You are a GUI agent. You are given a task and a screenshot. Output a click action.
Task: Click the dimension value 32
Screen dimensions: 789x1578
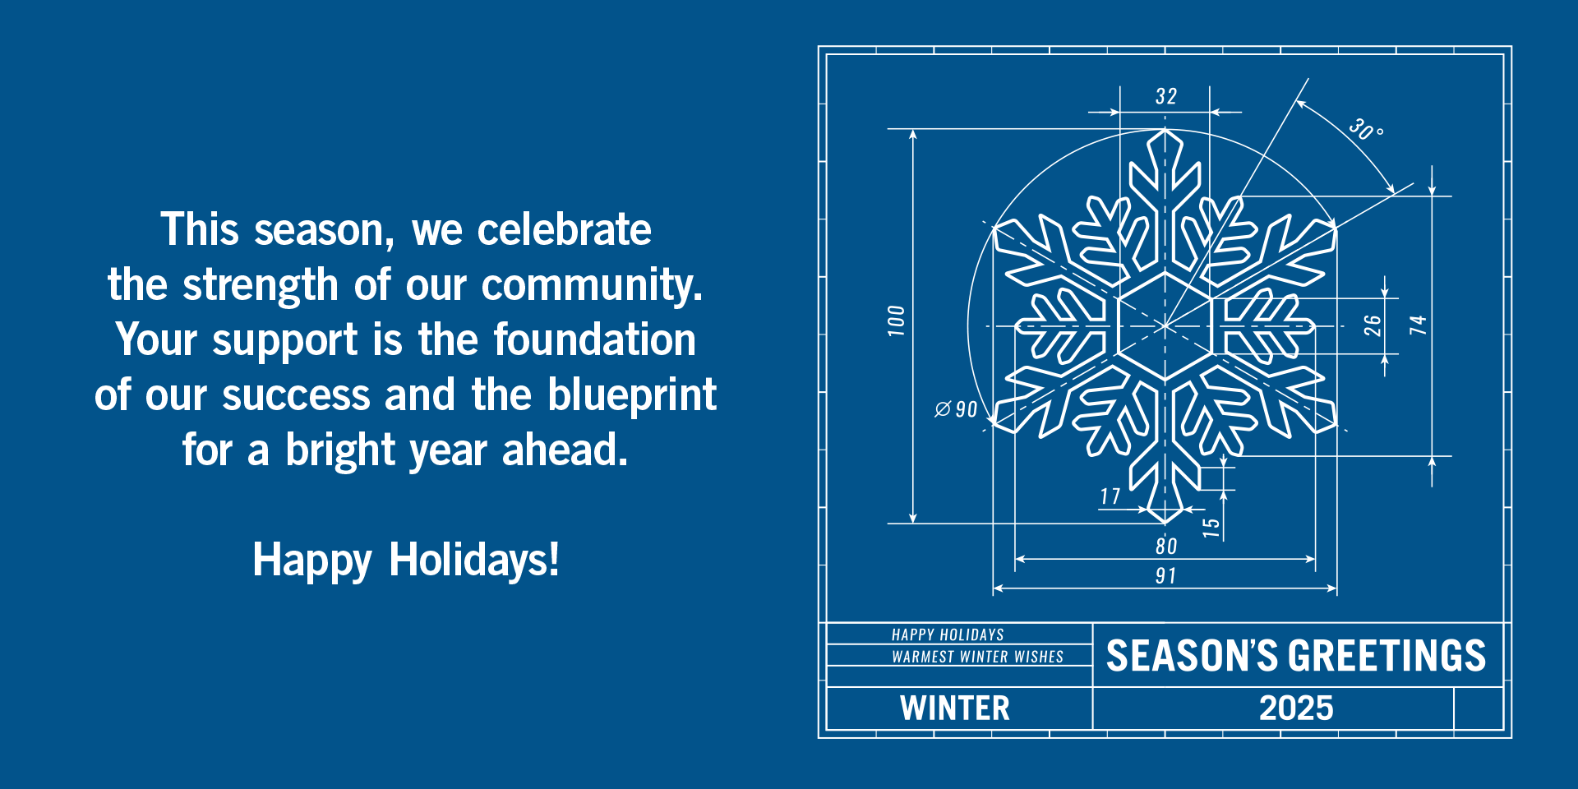[x=1165, y=96]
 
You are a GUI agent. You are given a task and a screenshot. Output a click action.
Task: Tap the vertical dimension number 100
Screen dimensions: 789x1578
[x=896, y=321]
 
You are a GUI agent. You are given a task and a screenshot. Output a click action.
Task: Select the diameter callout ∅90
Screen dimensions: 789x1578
[x=956, y=409]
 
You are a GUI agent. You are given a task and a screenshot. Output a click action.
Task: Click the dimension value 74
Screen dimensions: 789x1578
[x=1418, y=325]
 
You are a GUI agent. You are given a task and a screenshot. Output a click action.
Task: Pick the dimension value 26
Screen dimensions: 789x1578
[x=1373, y=325]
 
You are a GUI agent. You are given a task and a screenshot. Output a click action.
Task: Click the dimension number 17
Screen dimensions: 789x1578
[x=1110, y=496]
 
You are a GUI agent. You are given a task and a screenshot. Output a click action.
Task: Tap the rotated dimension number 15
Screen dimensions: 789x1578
[x=1211, y=527]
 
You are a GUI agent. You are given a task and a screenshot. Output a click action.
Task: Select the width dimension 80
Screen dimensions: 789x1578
[x=1165, y=546]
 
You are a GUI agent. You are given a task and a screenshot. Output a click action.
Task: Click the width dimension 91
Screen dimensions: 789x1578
[x=1165, y=575]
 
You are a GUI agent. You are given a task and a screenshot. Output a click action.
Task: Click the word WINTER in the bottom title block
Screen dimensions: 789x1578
[x=954, y=708]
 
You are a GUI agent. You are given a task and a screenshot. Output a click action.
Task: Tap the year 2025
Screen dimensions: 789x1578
[x=1296, y=708]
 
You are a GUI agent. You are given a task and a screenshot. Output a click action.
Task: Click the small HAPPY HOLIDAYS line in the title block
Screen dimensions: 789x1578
[x=948, y=634]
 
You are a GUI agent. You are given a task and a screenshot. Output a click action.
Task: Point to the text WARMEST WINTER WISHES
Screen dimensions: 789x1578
[x=977, y=657]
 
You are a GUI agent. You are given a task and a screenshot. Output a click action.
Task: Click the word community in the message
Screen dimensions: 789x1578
[x=591, y=285]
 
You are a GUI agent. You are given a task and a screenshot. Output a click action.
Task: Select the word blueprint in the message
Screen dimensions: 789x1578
[x=632, y=395]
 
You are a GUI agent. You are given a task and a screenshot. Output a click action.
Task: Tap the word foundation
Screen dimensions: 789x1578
[x=594, y=340]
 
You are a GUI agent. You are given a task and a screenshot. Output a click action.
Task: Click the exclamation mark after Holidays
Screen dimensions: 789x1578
[x=555, y=559]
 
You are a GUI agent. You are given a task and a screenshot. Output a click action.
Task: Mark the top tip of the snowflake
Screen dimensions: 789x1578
[x=1165, y=130]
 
